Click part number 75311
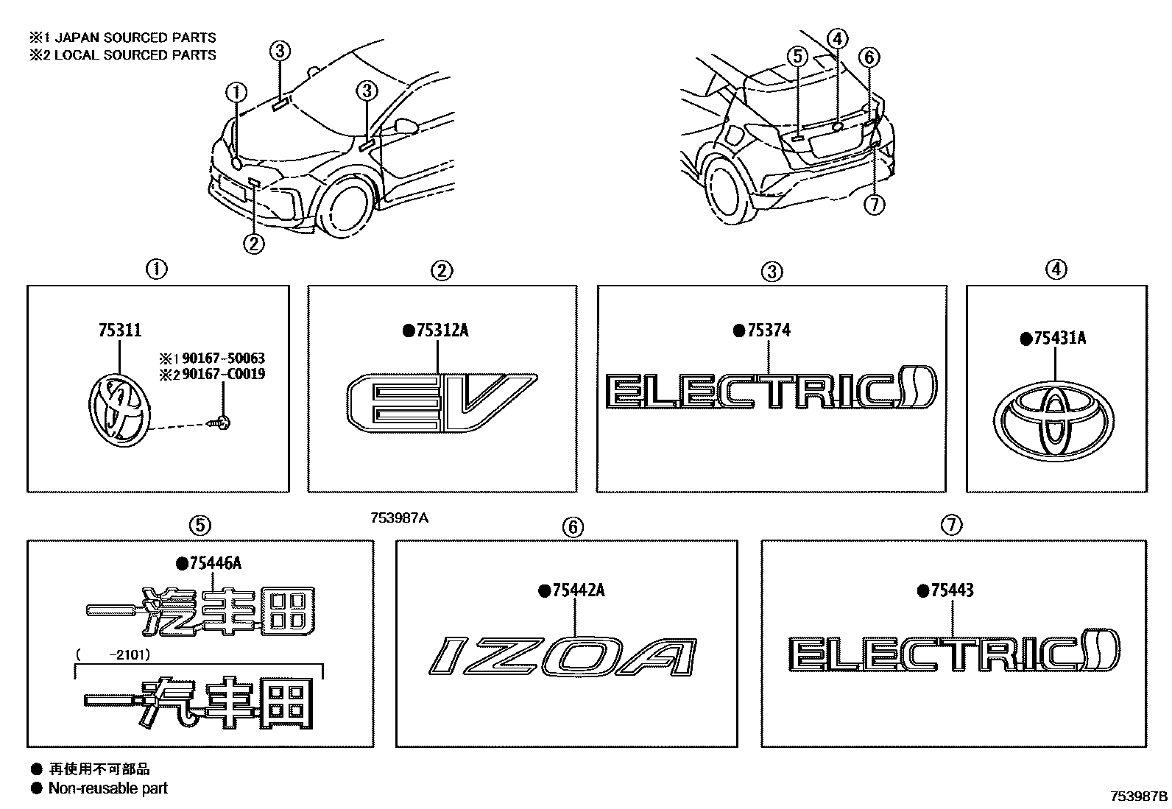pyautogui.click(x=120, y=331)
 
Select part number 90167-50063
pyautogui.click(x=223, y=358)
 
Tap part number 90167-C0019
pyautogui.click(x=223, y=374)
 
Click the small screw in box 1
pyautogui.click(x=222, y=422)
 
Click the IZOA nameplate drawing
pyautogui.click(x=562, y=657)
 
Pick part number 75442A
pyautogui.click(x=578, y=590)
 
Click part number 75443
pyautogui.click(x=952, y=590)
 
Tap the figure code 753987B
pyautogui.click(x=1139, y=796)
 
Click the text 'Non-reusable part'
pyautogui.click(x=107, y=788)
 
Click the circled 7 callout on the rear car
pyautogui.click(x=873, y=205)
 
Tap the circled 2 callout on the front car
pyautogui.click(x=253, y=244)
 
